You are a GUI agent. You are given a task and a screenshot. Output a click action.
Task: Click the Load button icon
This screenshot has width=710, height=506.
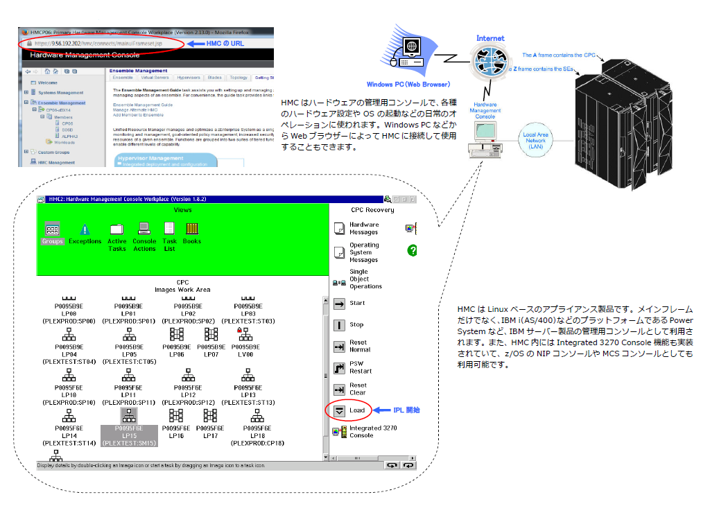pyautogui.click(x=340, y=410)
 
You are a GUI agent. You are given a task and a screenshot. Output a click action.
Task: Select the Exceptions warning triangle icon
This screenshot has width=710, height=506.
pyautogui.click(x=85, y=229)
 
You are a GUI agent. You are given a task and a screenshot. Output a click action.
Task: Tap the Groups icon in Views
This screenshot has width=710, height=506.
pyautogui.click(x=52, y=229)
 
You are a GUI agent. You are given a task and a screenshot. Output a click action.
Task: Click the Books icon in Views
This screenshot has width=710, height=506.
pyautogui.click(x=192, y=229)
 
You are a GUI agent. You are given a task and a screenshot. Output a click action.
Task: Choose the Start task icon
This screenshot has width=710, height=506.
pyautogui.click(x=340, y=304)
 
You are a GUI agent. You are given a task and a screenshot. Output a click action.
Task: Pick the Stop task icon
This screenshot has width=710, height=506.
pyautogui.click(x=340, y=324)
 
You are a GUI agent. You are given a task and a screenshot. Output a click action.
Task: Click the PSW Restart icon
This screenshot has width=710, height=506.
pyautogui.click(x=340, y=367)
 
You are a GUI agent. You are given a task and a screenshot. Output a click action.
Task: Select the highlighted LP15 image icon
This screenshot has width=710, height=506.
pyautogui.click(x=128, y=415)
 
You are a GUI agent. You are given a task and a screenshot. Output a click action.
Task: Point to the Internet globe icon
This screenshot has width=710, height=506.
pyautogui.click(x=490, y=62)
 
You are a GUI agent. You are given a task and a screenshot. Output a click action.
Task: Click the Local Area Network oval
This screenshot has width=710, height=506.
pyautogui.click(x=535, y=141)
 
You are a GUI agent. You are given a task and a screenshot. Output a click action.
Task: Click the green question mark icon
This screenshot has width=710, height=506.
pyautogui.click(x=412, y=250)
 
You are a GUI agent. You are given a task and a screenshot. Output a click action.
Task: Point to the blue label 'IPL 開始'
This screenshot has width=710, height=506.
pyautogui.click(x=406, y=410)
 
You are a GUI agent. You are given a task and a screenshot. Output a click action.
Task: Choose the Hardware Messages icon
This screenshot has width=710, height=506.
pyautogui.click(x=340, y=229)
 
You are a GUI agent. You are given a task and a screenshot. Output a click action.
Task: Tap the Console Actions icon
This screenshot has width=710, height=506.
pyautogui.click(x=144, y=229)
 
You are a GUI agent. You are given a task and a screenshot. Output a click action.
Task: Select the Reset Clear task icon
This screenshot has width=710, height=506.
pyautogui.click(x=340, y=390)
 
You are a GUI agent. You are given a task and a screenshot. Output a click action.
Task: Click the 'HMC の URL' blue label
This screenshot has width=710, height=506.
pyautogui.click(x=226, y=43)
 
